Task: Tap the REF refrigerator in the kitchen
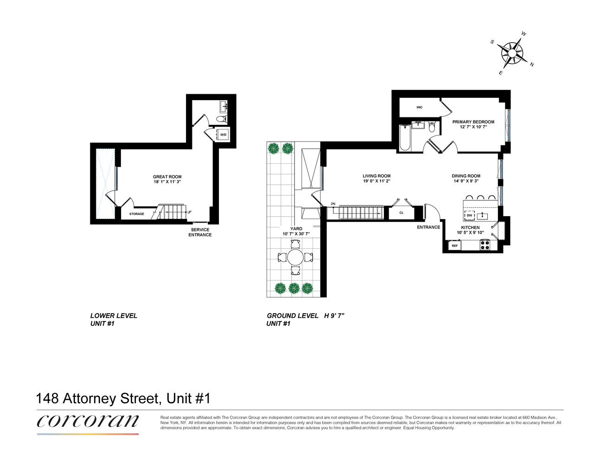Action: (x=454, y=245)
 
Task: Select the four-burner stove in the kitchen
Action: (x=485, y=245)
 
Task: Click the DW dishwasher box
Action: (x=469, y=215)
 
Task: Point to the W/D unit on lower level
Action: (x=223, y=135)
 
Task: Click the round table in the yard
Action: (x=295, y=257)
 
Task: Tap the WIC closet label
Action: (x=419, y=108)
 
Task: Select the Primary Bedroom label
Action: (x=473, y=122)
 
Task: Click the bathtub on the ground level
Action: (x=405, y=138)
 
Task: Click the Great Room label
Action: (x=167, y=177)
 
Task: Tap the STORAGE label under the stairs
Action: (x=136, y=214)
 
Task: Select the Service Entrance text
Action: (x=200, y=232)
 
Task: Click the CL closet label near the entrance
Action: (x=402, y=213)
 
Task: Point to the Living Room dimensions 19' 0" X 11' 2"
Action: (x=377, y=181)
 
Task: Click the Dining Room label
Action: (x=466, y=176)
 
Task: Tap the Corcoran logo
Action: (x=88, y=422)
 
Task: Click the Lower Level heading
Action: (x=114, y=316)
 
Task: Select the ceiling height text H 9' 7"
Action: (x=334, y=316)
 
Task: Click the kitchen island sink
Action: (x=482, y=216)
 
